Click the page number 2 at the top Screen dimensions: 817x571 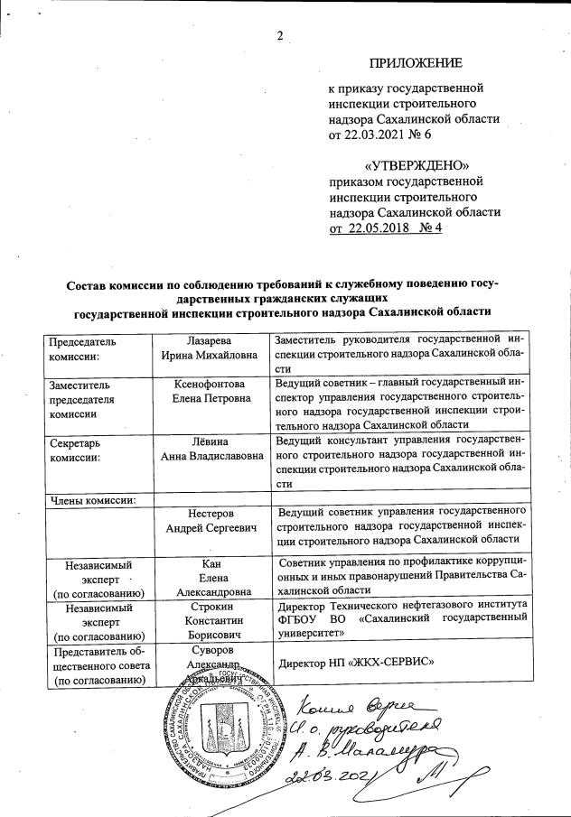280,36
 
